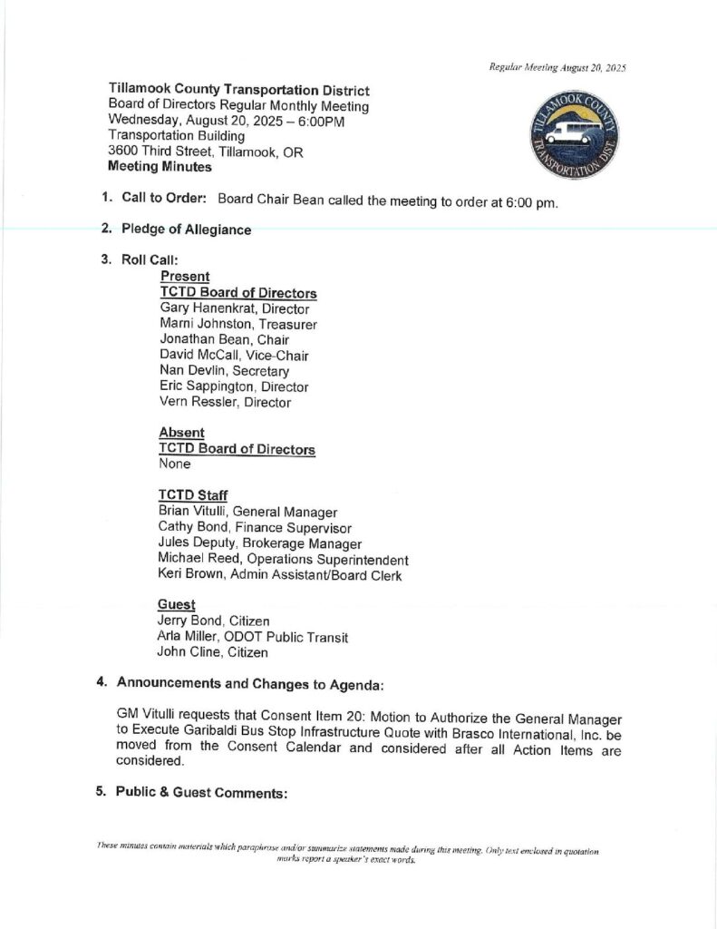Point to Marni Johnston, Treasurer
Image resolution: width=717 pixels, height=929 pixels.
pos(237,324)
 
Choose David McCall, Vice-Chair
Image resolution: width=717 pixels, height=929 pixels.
pos(233,355)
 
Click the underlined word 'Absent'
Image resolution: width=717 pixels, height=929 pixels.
pos(181,433)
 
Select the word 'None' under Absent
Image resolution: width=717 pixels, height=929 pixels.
pos(175,464)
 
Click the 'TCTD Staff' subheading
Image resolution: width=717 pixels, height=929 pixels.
pos(193,494)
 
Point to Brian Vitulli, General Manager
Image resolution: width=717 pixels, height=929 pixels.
pos(247,512)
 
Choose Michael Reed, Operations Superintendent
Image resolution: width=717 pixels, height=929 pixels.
pos(283,560)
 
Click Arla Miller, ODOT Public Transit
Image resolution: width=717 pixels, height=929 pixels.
pos(253,637)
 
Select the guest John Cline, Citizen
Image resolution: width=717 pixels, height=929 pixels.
pos(213,652)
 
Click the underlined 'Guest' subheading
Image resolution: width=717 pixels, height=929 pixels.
pos(178,603)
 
